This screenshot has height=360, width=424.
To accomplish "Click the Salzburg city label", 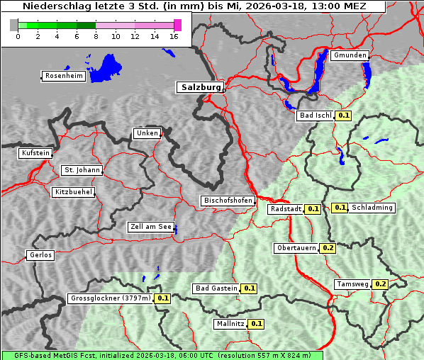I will coord(199,87).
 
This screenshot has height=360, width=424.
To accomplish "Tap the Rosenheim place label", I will coord(63,76).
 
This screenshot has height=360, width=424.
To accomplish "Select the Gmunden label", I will coord(350,55).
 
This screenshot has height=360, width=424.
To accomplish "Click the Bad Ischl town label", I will coord(315,116).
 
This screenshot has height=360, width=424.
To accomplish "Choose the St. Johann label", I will coord(82,170).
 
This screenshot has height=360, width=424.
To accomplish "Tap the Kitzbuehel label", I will coord(73,192).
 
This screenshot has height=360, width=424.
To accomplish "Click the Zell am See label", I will coord(150,227).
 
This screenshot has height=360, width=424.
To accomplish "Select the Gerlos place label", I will coord(40,255).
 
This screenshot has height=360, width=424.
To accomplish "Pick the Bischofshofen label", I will coord(228,201).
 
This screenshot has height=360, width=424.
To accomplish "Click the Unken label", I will coord(146,133).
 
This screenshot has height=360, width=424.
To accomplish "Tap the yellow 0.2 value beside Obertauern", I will coord(328,248).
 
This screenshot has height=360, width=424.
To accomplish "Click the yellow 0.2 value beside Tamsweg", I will coord(381,284).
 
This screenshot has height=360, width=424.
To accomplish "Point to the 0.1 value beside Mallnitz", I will coord(257,324).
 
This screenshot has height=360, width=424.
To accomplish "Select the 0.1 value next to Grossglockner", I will coord(163,298).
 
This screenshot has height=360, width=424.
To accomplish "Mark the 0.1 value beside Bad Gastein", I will coord(250,288).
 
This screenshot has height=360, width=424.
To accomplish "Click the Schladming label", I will coord(372,208).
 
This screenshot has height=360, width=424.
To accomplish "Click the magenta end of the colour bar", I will coord(177,25).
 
